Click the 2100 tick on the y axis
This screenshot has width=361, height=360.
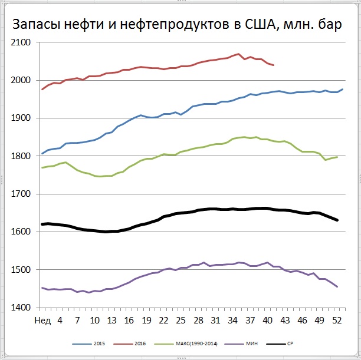click(22, 42)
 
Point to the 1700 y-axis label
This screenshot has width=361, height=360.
click(22, 194)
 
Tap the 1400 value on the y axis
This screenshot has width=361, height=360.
click(22, 308)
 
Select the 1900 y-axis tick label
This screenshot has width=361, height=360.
click(22, 118)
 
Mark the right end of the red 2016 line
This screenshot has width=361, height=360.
click(274, 65)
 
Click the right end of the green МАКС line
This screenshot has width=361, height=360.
click(337, 157)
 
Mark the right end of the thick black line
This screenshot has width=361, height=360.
click(337, 220)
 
